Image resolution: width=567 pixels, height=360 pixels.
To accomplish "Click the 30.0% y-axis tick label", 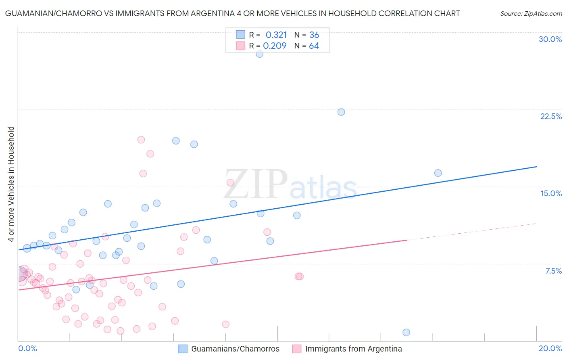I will (550, 39).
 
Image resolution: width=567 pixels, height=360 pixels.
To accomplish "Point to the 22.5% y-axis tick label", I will (551, 116).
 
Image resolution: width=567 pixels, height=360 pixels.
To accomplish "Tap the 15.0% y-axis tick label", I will (551, 193).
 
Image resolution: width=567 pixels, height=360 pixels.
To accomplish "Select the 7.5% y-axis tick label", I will (553, 271).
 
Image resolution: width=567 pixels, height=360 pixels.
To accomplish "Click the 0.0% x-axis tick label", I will (27, 348).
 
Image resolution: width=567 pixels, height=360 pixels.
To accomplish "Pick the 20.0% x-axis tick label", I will (550, 348).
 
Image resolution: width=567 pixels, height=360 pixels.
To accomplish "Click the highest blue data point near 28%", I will (260, 54).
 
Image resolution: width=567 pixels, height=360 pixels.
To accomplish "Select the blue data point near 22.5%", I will (341, 112).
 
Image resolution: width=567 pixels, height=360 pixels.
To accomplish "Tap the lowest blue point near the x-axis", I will (406, 332).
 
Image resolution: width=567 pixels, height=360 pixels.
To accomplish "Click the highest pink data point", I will (141, 140).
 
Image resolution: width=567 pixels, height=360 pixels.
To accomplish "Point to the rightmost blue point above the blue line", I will (438, 173).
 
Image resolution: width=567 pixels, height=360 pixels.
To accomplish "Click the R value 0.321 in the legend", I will (276, 35).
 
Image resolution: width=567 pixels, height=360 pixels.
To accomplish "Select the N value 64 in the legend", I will (314, 46).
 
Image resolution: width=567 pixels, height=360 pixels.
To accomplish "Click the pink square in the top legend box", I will (241, 46).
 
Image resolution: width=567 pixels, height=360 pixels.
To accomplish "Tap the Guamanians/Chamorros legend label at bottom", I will (235, 349).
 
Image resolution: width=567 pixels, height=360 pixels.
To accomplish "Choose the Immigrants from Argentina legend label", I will (353, 349).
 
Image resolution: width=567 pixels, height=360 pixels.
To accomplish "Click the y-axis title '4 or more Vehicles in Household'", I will (11, 184).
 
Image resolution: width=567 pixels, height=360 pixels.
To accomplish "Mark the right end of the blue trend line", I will (536, 166).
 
